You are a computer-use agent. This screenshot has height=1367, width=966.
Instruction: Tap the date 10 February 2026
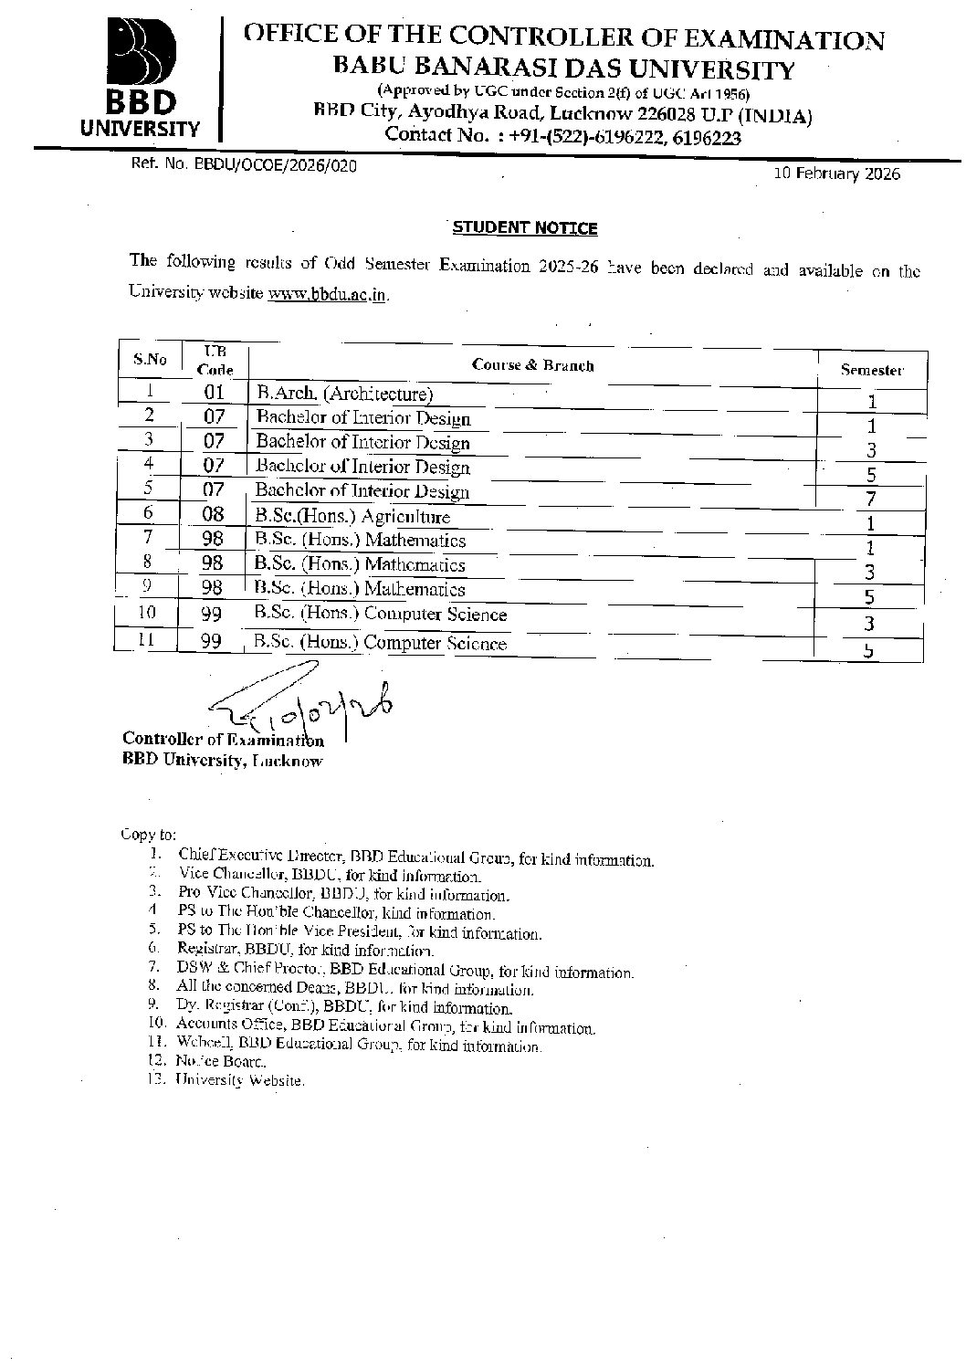[x=836, y=174]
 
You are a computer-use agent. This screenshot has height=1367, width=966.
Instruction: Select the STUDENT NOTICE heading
[x=525, y=227]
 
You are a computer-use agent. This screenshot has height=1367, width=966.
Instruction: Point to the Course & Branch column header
[x=532, y=365]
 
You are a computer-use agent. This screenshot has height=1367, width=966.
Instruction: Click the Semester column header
[x=871, y=370]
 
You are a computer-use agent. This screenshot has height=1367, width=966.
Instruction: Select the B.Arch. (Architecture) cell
[x=344, y=394]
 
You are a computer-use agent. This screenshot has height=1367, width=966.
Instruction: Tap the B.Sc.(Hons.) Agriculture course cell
[x=353, y=516]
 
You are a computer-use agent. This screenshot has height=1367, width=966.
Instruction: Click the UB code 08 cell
[x=213, y=514]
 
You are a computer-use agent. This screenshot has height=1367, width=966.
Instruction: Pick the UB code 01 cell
[x=214, y=394]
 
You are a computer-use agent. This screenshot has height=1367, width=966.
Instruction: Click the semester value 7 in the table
[x=871, y=499]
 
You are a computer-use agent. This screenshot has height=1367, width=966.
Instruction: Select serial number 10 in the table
[x=147, y=612]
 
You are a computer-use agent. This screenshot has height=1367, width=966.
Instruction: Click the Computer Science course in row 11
[x=380, y=643]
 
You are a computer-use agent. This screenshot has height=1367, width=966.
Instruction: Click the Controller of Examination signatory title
[x=223, y=740]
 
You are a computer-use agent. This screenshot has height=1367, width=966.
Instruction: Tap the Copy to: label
[x=148, y=834]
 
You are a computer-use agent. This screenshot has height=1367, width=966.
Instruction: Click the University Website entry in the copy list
[x=240, y=1080]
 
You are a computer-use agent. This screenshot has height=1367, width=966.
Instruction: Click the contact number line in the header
[x=562, y=137]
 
